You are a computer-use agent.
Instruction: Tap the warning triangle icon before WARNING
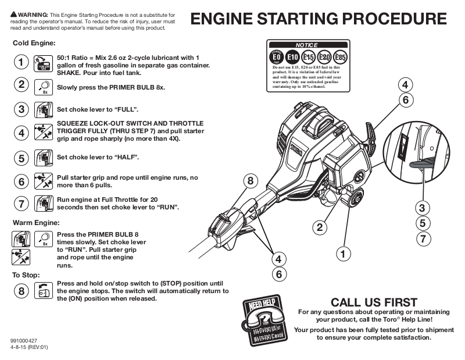pos(14,13)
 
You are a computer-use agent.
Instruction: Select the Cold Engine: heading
pos(34,43)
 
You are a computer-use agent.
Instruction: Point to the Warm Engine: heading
pos(35,222)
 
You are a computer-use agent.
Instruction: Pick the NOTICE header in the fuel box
pos(306,45)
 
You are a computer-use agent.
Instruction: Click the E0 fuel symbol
pos(277,58)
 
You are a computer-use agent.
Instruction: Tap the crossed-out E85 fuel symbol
pos(341,58)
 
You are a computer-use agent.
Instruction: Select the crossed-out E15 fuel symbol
pos(309,58)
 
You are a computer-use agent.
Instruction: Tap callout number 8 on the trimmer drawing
pos(251,181)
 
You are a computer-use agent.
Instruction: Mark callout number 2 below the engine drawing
pos(319,227)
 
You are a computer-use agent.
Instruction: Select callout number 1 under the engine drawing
pos(344,254)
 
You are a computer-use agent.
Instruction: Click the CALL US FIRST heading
pos(374,302)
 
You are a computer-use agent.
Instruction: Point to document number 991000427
pos(24,341)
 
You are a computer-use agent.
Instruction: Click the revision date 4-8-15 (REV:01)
pos(29,347)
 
